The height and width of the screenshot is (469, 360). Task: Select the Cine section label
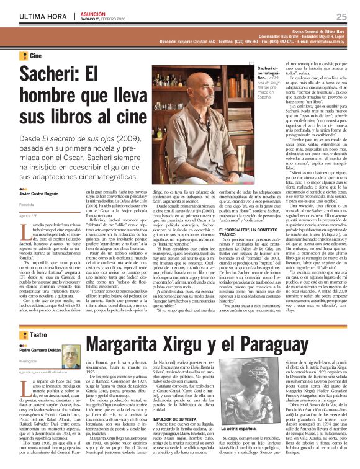point(35,56)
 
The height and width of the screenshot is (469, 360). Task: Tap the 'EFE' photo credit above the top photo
point(251,63)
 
